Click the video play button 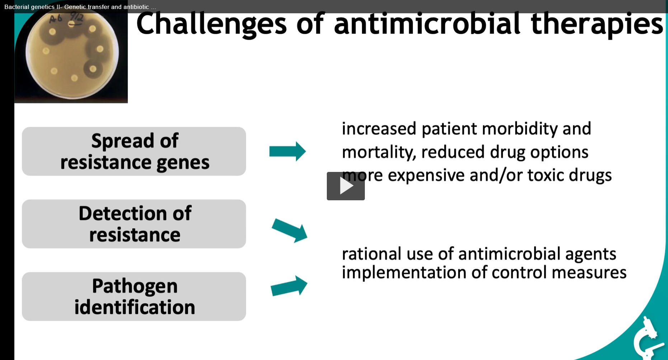pos(345,186)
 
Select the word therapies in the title pos(597,24)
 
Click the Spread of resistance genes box pos(134,151)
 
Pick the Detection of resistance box pos(134,224)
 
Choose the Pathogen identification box pos(134,296)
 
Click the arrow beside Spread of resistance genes pos(287,151)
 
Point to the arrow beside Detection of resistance pos(290,230)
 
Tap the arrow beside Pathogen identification pos(289,286)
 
